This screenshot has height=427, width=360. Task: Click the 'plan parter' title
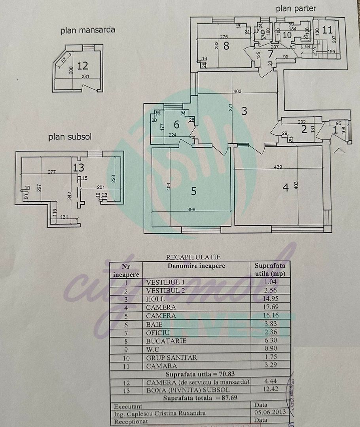click(x=296, y=8)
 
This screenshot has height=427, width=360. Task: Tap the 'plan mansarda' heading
click(x=88, y=30)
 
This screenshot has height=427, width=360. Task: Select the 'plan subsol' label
click(x=70, y=137)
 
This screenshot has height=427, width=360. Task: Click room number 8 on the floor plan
click(x=226, y=46)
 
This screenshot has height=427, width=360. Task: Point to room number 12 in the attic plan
click(x=83, y=65)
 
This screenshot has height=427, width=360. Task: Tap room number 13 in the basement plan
click(x=79, y=167)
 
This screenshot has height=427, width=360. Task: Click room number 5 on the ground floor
click(x=193, y=191)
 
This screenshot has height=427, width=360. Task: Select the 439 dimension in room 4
click(x=278, y=167)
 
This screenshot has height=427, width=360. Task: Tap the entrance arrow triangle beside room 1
click(x=337, y=150)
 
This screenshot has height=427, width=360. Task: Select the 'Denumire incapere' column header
click(x=196, y=266)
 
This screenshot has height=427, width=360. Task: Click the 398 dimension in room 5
click(x=191, y=210)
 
